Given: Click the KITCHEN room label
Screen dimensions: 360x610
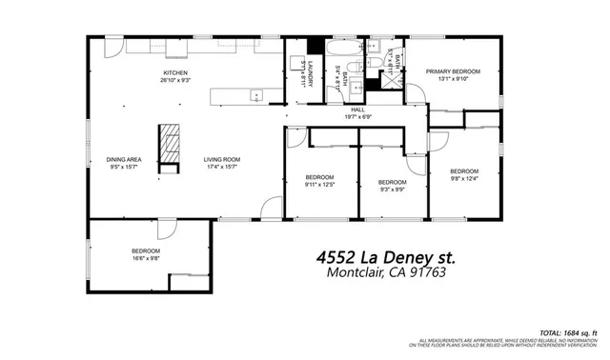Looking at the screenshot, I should [x=174, y=72].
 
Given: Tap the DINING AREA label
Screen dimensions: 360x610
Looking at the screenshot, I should [x=124, y=159].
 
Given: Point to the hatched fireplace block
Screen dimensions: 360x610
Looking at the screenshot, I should [x=169, y=143].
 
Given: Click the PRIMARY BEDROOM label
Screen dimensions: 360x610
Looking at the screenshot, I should [x=453, y=71].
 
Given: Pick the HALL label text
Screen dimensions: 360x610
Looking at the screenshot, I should [x=358, y=110].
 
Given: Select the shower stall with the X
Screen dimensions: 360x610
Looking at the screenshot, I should [x=388, y=82].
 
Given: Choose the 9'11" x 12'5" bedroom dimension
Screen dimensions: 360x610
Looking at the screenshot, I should [x=319, y=185].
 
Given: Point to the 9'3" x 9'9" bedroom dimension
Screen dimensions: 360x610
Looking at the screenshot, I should [x=392, y=189].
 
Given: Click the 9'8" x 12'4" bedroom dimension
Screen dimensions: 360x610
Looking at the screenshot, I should [x=464, y=178].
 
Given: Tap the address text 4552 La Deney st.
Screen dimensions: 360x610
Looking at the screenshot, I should [x=385, y=257].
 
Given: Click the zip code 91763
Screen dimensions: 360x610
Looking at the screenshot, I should [x=426, y=272].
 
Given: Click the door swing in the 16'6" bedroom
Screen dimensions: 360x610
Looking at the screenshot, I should [x=167, y=230].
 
